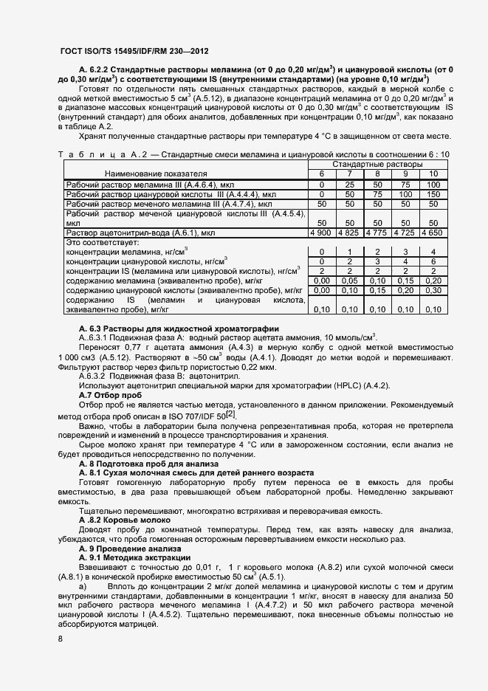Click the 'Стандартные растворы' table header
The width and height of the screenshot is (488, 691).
pyautogui.click(x=377, y=163)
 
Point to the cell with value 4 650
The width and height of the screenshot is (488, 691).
pyautogui.click(x=433, y=232)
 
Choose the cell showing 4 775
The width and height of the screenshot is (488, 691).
pyautogui.click(x=377, y=232)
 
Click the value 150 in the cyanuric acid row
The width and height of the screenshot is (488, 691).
pyautogui.click(x=433, y=193)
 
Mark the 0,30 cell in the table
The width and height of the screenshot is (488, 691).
pyautogui.click(x=433, y=290)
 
